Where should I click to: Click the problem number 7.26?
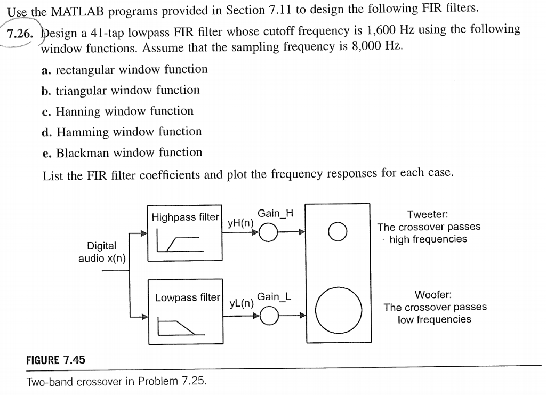tap(20, 34)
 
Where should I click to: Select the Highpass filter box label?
tap(185, 217)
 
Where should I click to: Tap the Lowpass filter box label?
tap(187, 297)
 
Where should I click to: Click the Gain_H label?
tap(275, 213)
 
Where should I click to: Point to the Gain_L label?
tap(274, 296)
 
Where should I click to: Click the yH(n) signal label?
tap(240, 223)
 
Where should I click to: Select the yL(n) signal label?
tap(242, 303)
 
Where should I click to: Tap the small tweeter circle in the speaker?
tap(338, 231)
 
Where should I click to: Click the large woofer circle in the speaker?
tap(339, 287)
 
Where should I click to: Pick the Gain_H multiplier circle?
tap(268, 223)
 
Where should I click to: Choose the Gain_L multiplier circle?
tap(269, 307)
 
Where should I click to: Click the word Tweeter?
tap(428, 214)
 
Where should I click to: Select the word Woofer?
tap(433, 295)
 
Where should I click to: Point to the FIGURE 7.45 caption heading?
tap(55, 360)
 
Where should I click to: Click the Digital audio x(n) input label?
tap(102, 252)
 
